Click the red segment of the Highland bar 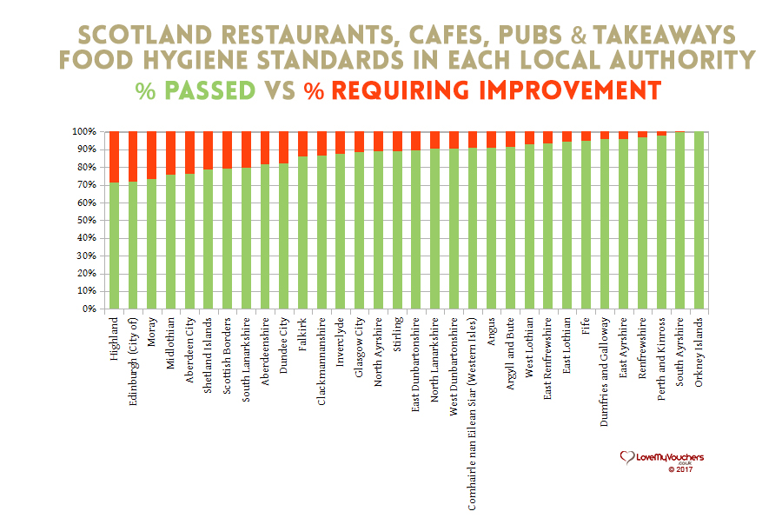click(x=113, y=156)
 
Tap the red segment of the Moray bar click(x=151, y=155)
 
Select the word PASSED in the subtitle click(x=209, y=90)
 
